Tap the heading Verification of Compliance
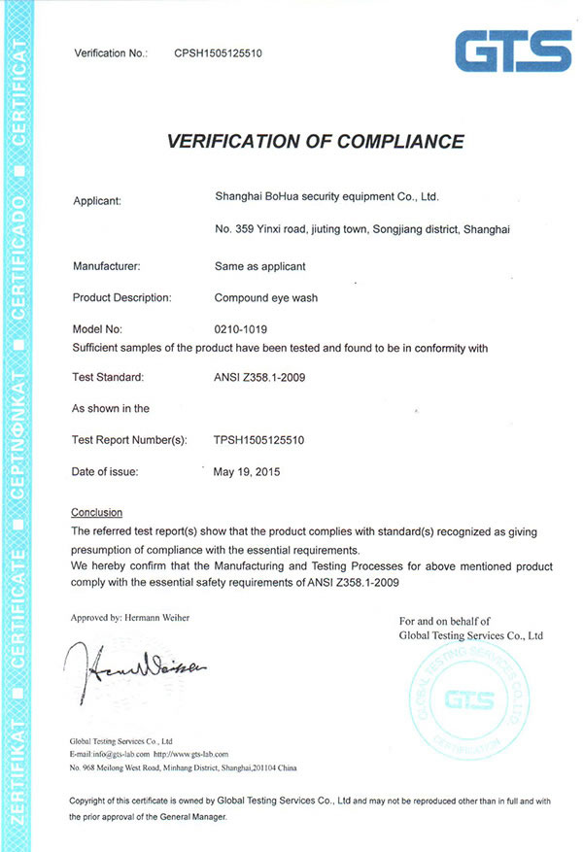pyautogui.click(x=316, y=142)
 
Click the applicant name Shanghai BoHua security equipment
pyautogui.click(x=326, y=197)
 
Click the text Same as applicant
pyautogui.click(x=259, y=265)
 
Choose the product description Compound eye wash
pyautogui.click(x=267, y=297)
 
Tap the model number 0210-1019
pyautogui.click(x=240, y=329)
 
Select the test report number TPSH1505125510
pyautogui.click(x=259, y=440)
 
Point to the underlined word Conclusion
pyautogui.click(x=97, y=512)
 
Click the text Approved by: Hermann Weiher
pyautogui.click(x=129, y=617)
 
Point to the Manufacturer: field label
pyautogui.click(x=107, y=265)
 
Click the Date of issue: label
pyautogui.click(x=105, y=472)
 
